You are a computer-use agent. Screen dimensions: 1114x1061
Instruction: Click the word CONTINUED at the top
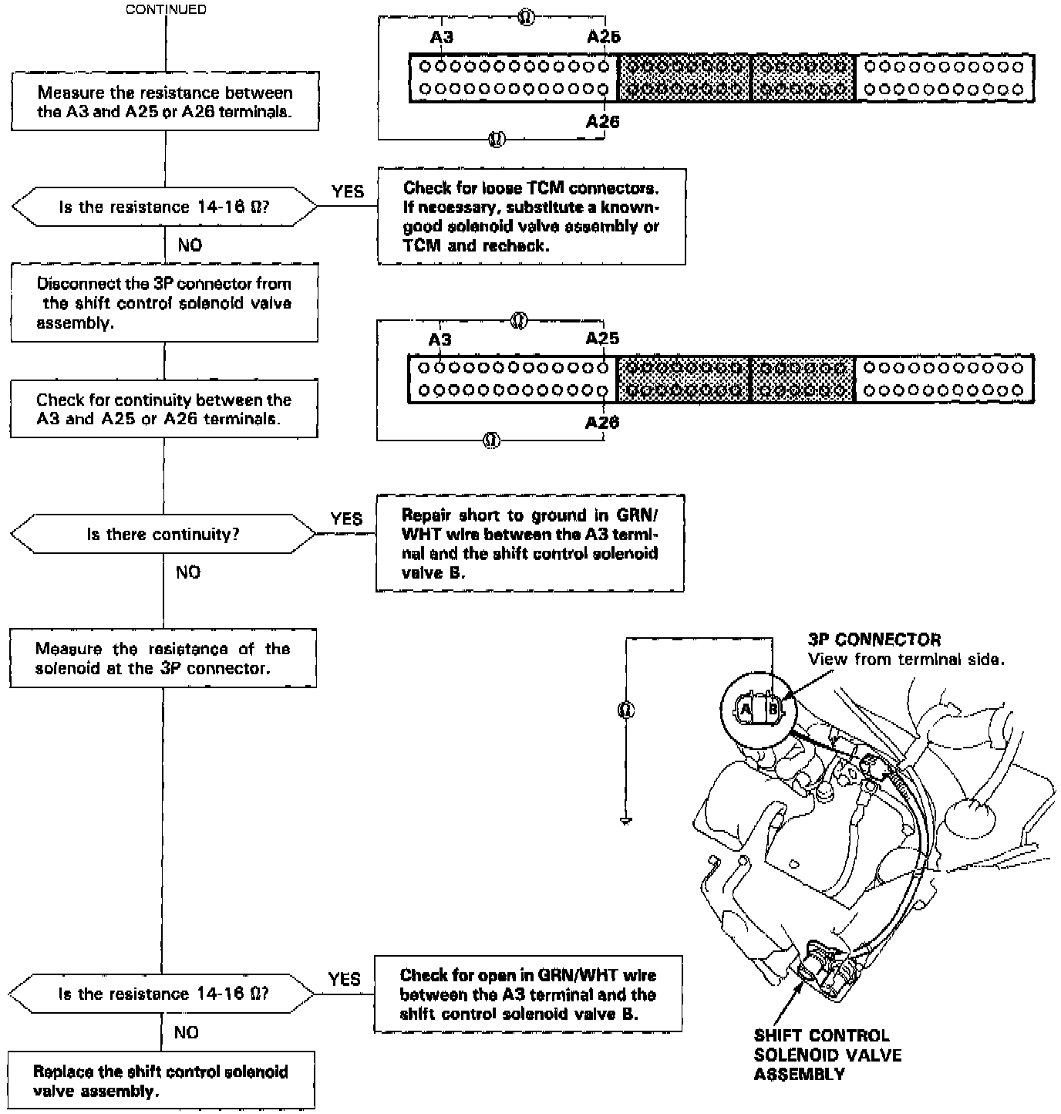(x=166, y=10)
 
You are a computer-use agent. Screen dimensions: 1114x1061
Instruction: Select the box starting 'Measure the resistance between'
(x=165, y=103)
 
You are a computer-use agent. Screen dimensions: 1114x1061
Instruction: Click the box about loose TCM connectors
(x=531, y=217)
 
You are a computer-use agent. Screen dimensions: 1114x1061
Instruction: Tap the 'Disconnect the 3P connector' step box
(x=164, y=303)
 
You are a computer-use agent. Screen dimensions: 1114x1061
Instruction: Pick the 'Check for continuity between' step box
(x=163, y=409)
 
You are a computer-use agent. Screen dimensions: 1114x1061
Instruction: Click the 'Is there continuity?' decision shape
(x=163, y=534)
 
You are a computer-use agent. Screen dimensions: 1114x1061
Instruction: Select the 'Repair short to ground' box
(x=530, y=543)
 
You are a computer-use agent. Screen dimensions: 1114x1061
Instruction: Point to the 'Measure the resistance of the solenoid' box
(x=163, y=658)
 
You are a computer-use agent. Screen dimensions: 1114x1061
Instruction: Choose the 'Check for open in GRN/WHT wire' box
(x=528, y=994)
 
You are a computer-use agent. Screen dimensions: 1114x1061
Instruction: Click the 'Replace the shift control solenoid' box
(x=161, y=1081)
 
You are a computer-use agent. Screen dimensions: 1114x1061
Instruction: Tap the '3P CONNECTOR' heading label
(x=874, y=640)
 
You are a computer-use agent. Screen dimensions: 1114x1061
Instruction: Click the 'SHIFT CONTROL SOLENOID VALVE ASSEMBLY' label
(x=827, y=1055)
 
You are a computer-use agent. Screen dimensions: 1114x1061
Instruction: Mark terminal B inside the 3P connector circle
(x=773, y=707)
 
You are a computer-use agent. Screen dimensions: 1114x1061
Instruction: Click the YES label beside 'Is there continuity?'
(x=346, y=519)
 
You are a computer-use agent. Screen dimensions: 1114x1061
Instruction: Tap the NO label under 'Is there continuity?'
(x=187, y=572)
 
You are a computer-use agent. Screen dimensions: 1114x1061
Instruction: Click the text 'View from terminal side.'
(x=906, y=659)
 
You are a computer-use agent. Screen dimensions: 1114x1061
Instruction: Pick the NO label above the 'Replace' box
(x=186, y=1032)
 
